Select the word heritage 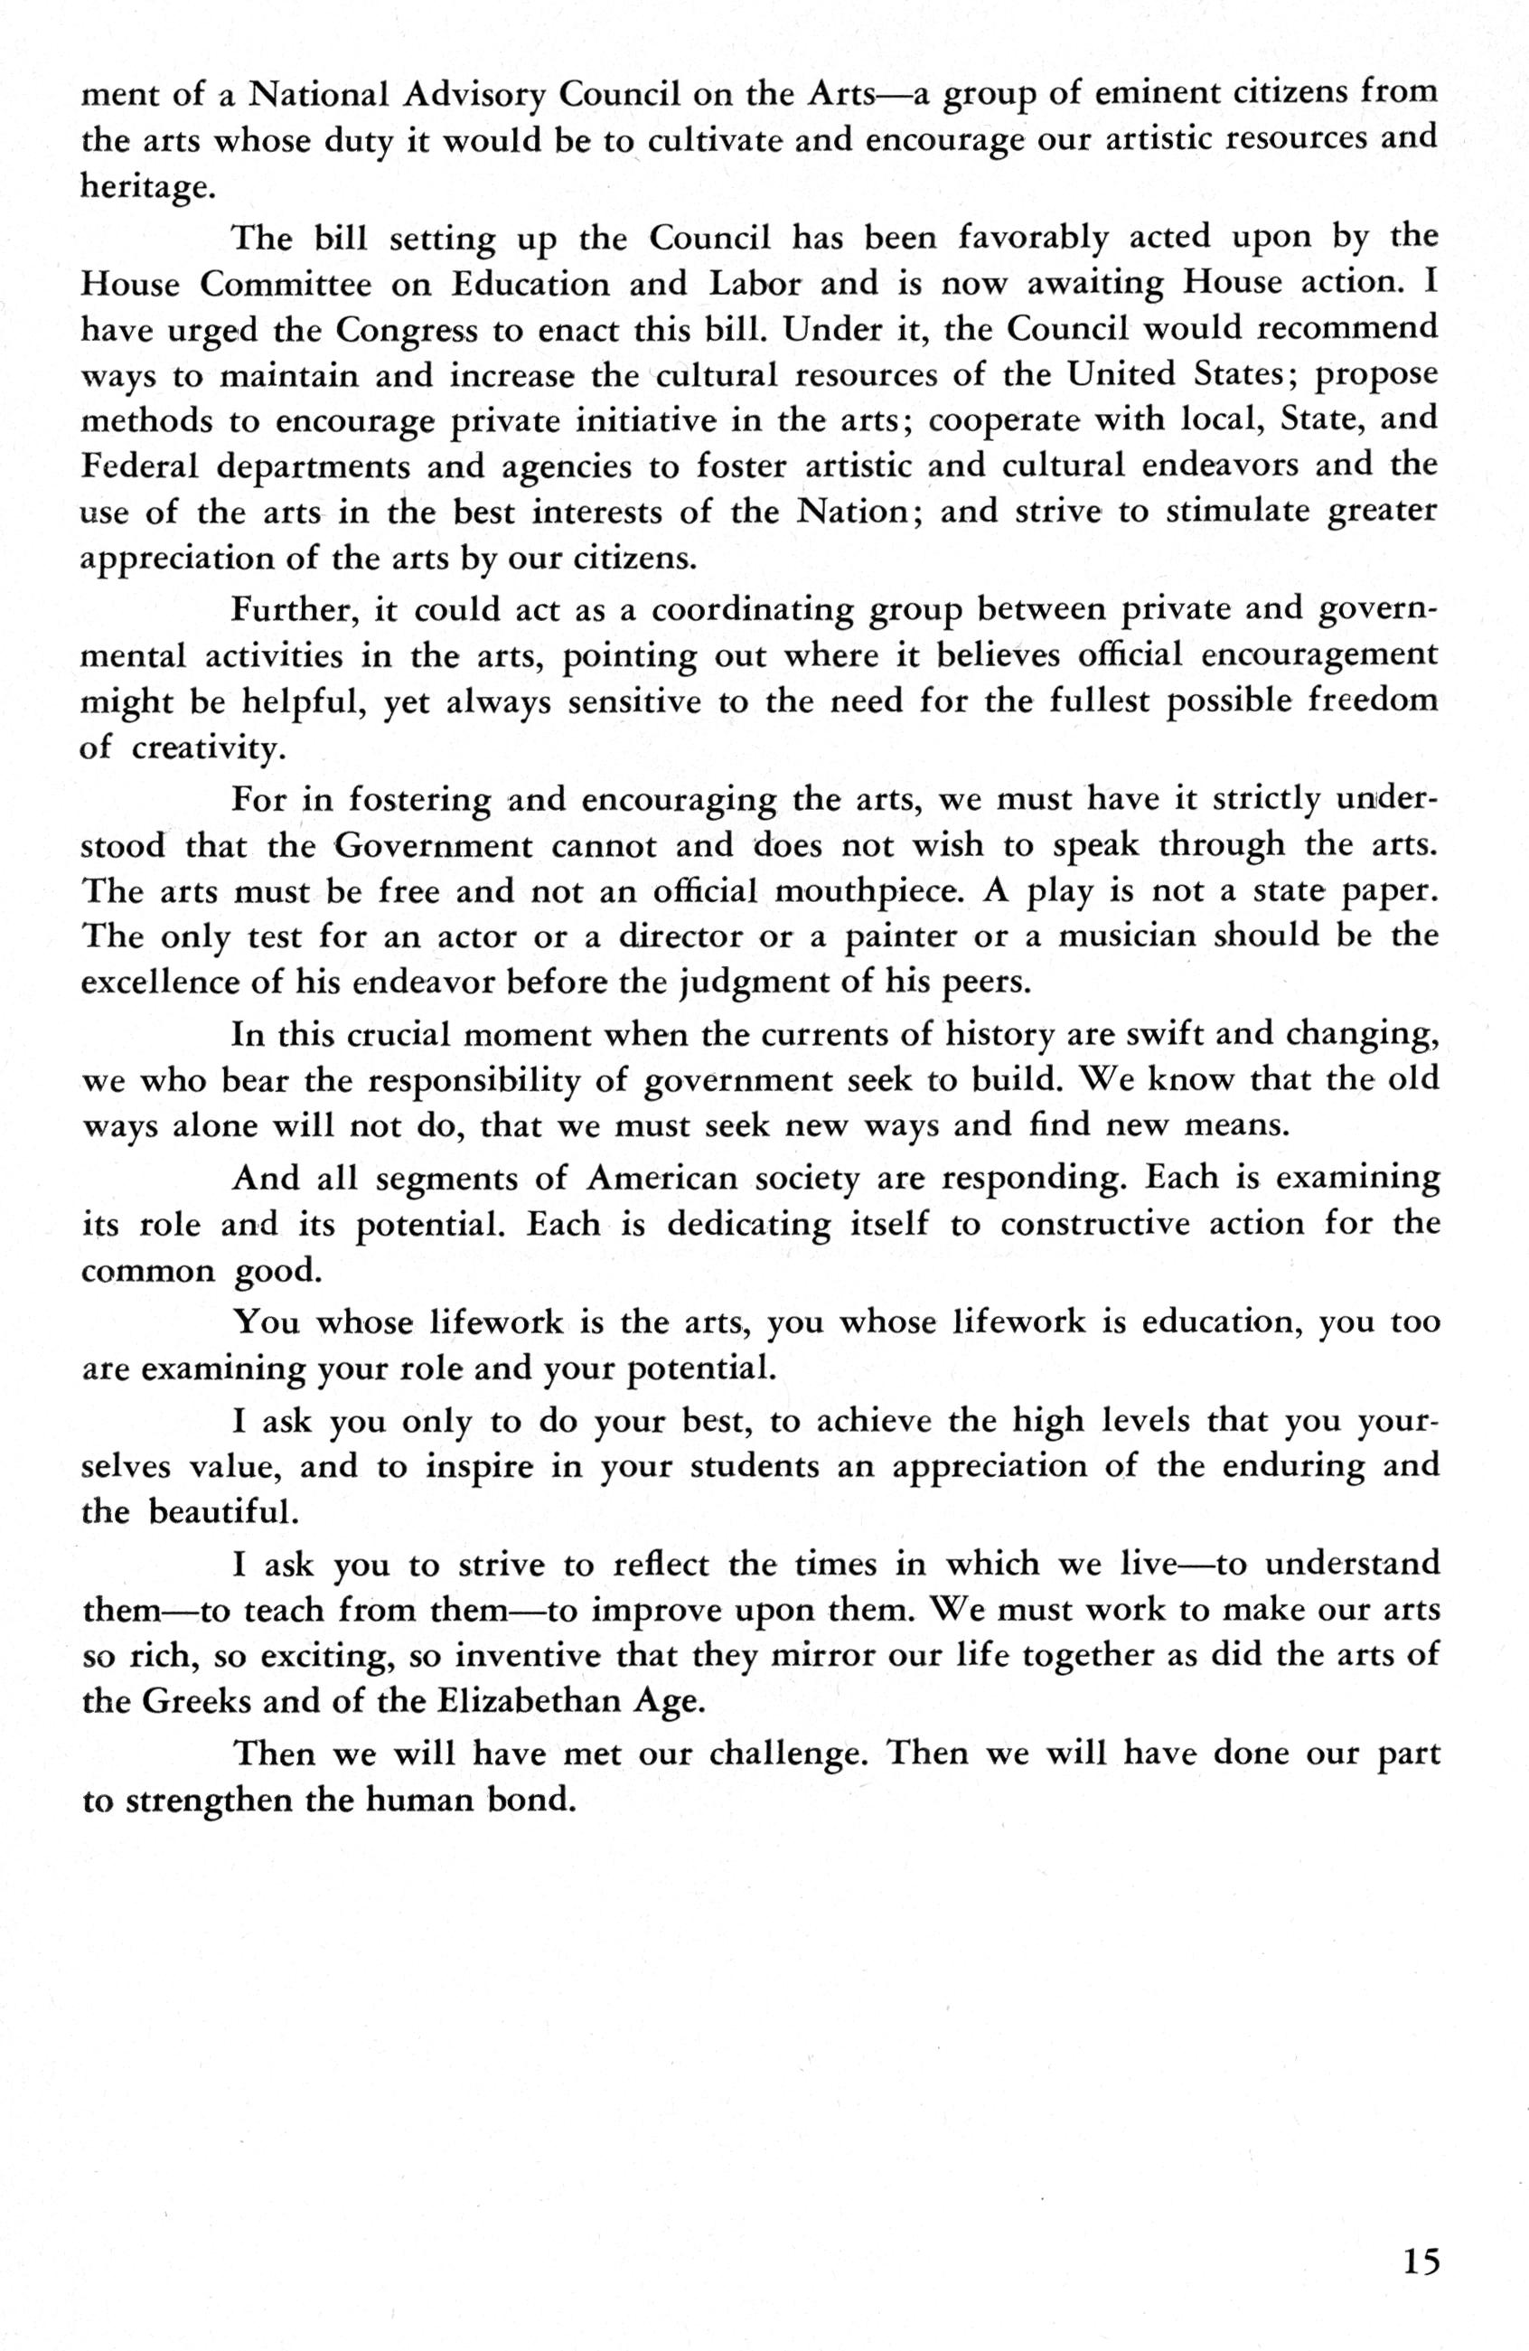(147, 188)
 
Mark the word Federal (139, 465)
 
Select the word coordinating (752, 609)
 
